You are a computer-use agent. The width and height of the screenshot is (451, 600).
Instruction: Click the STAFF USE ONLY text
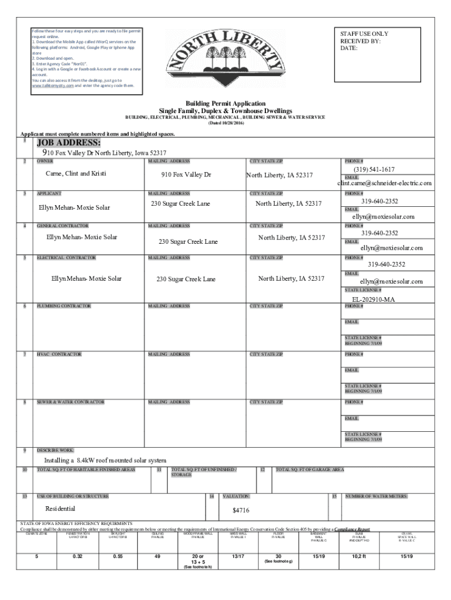point(364,34)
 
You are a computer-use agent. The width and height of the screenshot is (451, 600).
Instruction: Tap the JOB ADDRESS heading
point(69,144)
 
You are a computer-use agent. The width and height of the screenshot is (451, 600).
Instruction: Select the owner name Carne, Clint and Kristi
point(76,173)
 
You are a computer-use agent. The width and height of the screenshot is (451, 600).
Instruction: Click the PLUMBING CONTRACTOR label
point(64,306)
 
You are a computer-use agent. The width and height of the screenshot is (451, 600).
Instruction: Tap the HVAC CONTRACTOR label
point(59,354)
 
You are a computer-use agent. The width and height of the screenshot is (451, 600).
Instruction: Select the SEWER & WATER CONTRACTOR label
point(70,402)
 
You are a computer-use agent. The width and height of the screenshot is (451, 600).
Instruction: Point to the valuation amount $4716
point(241,510)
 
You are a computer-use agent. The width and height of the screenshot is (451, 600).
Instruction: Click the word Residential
point(60,509)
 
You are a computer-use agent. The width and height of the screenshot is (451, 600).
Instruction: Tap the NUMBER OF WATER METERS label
point(376,497)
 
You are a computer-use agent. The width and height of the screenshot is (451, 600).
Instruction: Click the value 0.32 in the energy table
point(77,556)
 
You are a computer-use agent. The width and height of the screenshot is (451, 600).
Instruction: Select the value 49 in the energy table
point(158,556)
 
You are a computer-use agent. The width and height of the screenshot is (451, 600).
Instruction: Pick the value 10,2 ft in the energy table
point(359,556)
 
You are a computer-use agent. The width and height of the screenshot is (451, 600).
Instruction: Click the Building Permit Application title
point(225,103)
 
